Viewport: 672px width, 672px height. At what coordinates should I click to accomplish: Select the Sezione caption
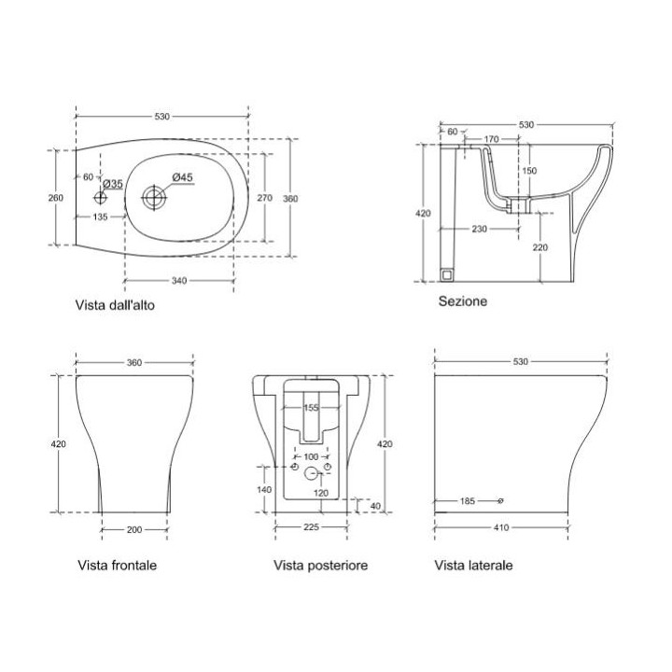pyautogui.click(x=463, y=301)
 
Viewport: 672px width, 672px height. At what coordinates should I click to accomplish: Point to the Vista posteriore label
pyautogui.click(x=320, y=566)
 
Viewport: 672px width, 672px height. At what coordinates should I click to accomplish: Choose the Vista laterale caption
pyautogui.click(x=472, y=566)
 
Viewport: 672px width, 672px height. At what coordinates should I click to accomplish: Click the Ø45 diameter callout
pyautogui.click(x=182, y=177)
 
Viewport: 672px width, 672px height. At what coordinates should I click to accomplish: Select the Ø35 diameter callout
pyautogui.click(x=113, y=184)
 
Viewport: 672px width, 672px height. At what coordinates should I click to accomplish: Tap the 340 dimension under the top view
pyautogui.click(x=180, y=281)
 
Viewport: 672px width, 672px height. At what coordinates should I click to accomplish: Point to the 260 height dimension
pyautogui.click(x=56, y=197)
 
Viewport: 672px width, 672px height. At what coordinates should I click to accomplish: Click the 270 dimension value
pyautogui.click(x=264, y=197)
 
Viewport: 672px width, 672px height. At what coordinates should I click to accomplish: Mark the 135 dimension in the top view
pyautogui.click(x=100, y=217)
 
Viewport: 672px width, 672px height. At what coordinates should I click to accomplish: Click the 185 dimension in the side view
pyautogui.click(x=469, y=501)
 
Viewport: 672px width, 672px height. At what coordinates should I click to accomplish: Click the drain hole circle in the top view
pyautogui.click(x=153, y=197)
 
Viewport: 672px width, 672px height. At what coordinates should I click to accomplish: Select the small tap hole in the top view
pyautogui.click(x=102, y=197)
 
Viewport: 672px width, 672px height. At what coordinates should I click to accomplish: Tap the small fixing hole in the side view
pyautogui.click(x=500, y=500)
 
